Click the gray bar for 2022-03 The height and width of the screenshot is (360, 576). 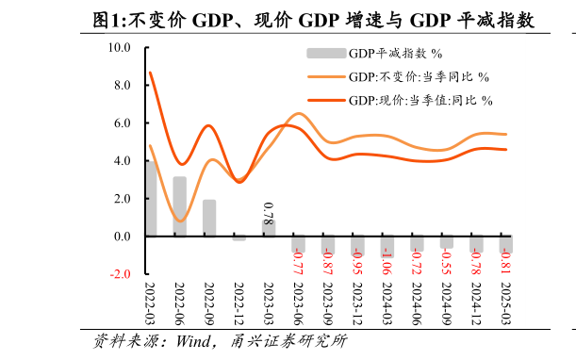coord(150,199)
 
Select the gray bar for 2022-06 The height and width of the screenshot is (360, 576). coord(179,206)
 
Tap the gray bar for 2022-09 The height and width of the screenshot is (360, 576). coord(209,218)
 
